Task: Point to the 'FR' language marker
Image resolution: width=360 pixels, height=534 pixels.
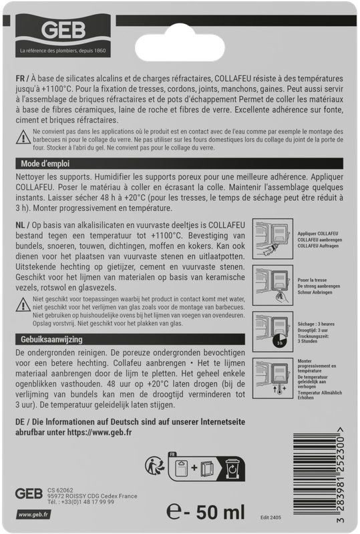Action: coord(20,79)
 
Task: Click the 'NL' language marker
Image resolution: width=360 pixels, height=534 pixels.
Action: coord(20,227)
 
